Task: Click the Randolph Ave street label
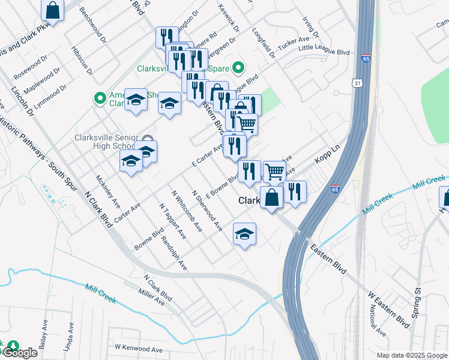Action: click(x=174, y=253)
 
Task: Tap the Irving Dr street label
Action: click(x=310, y=28)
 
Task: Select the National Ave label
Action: click(x=376, y=320)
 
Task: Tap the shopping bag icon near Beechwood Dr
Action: click(x=53, y=10)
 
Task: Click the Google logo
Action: click(x=19, y=353)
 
